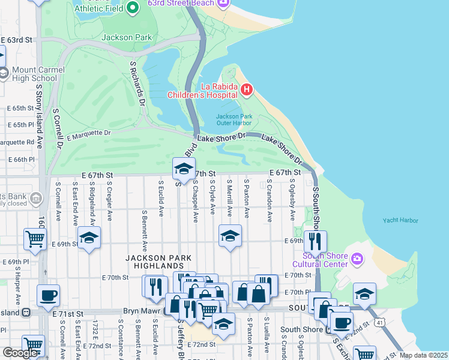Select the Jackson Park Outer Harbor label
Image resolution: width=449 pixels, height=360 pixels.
coord(234,119)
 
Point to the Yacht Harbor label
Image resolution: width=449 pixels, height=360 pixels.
coord(400,221)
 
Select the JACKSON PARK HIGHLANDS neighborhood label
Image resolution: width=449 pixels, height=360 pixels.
coord(158,262)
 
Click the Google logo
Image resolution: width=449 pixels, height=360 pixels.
coord(20,353)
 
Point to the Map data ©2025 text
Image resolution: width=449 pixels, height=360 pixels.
coord(423,355)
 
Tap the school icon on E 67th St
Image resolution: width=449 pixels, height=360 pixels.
coord(184,169)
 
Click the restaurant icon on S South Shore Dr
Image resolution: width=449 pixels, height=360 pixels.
coord(315,241)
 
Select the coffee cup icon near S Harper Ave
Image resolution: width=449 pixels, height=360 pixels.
coord(48,295)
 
